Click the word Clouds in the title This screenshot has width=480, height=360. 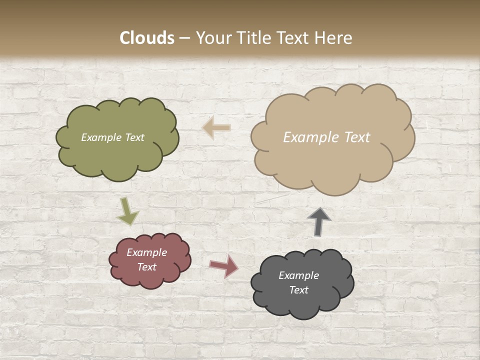[x=147, y=38]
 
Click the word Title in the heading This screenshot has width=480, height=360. [x=253, y=38]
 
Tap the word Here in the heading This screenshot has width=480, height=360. [x=332, y=38]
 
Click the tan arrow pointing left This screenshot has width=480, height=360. [x=217, y=127]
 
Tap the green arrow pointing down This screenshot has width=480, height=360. [x=127, y=212]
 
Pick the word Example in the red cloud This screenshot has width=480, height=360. [x=147, y=252]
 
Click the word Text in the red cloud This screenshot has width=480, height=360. [x=147, y=267]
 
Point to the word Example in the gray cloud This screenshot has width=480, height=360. [x=298, y=275]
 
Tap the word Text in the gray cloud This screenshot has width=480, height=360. [x=298, y=290]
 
